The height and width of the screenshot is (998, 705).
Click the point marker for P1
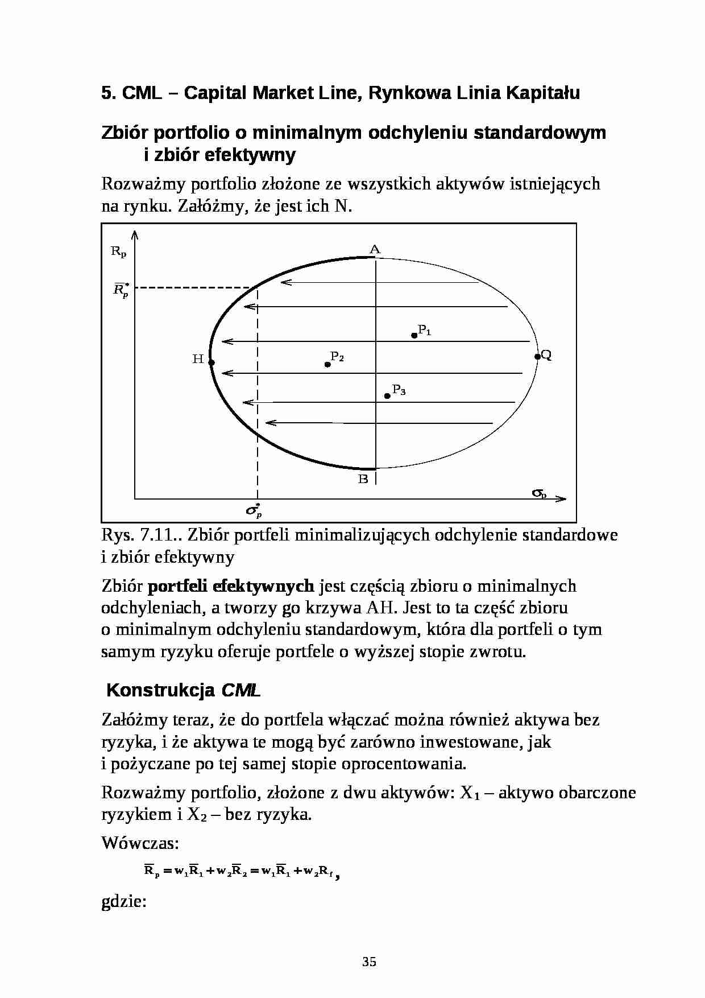414,336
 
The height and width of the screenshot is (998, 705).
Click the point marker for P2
327,364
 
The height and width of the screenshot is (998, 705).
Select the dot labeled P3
387,395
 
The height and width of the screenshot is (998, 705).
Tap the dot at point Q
537,356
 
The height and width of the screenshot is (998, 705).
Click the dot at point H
211,362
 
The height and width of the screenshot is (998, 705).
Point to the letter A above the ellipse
375,249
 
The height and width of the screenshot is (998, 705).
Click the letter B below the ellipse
363,479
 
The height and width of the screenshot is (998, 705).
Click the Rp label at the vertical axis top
118,251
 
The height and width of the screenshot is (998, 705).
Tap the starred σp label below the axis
254,510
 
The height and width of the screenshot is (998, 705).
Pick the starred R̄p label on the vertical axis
121,290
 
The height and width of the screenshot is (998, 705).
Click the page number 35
369,962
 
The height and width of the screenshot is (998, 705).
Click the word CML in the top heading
142,93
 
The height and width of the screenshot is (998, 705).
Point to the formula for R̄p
241,871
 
